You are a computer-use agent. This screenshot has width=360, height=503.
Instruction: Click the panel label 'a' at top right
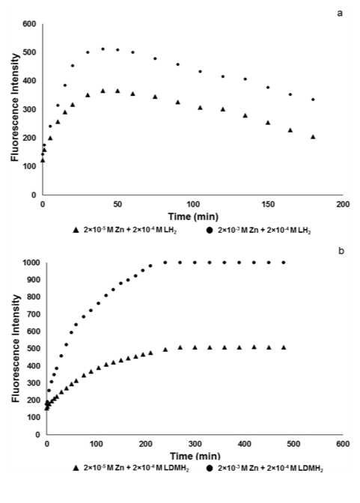coord(340,13)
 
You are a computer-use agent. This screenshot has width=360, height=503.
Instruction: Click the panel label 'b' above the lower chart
coord(341,251)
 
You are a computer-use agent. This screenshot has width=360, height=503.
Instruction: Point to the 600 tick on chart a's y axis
coord(29,24)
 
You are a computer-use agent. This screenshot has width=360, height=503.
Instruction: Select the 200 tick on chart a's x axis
coord(343,204)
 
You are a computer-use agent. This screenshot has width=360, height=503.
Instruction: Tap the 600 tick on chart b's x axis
coord(343,444)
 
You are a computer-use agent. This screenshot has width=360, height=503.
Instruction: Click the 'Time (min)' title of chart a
coord(193,217)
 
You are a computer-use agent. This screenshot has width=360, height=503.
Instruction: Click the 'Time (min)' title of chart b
coord(195,456)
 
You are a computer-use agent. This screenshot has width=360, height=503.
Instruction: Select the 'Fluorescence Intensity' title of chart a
coord(16,108)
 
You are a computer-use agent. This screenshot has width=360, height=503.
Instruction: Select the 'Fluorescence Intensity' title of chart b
coord(16,349)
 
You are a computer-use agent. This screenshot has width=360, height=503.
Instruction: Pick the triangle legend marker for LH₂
coord(76,230)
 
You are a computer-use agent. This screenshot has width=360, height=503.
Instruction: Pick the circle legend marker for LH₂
coord(210,231)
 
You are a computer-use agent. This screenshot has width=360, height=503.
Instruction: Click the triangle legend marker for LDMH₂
coord(76,469)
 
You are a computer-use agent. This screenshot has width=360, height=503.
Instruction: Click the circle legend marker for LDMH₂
coord(210,469)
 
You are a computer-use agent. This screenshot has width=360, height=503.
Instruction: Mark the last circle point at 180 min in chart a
coord(313,100)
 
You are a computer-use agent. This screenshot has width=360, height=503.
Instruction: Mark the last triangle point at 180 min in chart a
coord(313,137)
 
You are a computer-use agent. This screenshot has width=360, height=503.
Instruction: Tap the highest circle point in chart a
coord(103,49)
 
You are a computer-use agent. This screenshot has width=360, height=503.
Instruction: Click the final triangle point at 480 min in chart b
coord(284,347)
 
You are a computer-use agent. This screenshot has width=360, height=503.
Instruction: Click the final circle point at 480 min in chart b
coord(284,263)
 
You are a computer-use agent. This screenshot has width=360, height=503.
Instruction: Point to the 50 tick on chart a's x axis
coord(118,204)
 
